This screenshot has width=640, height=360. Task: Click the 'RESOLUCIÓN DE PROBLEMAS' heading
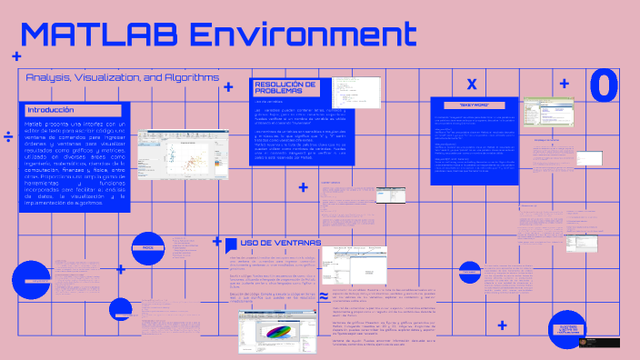point(285,87)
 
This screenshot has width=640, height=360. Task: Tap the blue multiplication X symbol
point(471,84)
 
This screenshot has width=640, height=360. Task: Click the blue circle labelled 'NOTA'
point(148,246)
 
